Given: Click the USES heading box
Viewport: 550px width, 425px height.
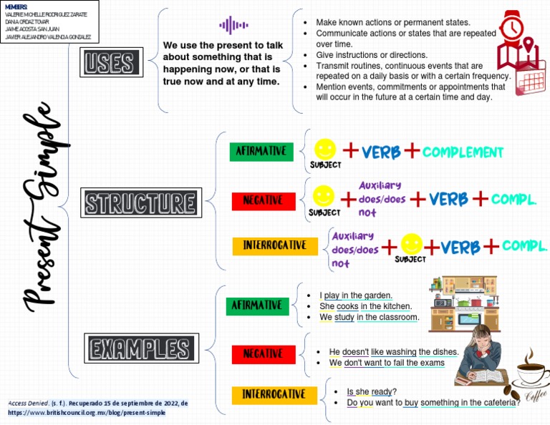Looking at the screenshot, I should tap(109, 63).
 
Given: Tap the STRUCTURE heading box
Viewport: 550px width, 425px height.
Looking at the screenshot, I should tap(140, 202).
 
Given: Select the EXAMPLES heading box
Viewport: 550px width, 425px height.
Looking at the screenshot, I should tap(140, 349).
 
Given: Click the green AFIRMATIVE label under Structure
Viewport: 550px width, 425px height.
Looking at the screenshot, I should tap(261, 152).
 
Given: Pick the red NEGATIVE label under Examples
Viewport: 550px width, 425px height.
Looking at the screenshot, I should tap(263, 353).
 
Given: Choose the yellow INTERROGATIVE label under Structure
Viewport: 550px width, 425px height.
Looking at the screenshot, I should tap(274, 245).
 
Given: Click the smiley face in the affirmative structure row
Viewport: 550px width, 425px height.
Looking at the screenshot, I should tap(325, 149).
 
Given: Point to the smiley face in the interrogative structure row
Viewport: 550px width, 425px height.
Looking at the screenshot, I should tap(412, 244).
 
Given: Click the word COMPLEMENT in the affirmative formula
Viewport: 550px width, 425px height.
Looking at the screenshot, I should tap(463, 152).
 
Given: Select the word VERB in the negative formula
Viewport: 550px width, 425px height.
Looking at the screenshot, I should tap(448, 199).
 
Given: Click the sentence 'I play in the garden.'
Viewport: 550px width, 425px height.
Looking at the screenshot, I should tap(356, 295).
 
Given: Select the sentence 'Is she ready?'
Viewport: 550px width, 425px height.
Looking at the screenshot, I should tap(371, 391).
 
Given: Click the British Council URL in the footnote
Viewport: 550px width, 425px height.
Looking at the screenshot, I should tap(86, 413).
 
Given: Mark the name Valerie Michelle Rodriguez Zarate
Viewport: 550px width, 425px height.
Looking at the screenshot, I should tap(47, 14).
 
